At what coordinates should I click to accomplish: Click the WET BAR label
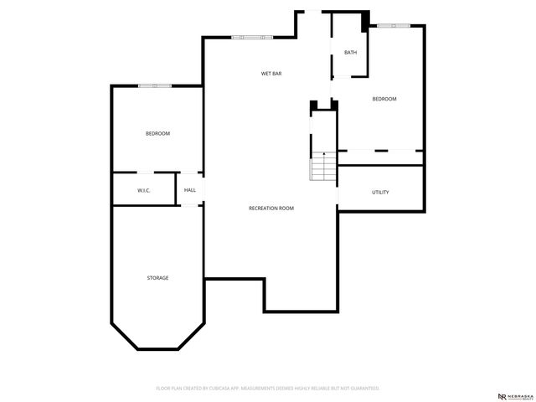pos(271,74)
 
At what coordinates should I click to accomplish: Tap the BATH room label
pos(350,53)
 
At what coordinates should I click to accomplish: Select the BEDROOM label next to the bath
pos(384,99)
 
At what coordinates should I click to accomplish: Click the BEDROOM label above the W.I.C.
pos(157,134)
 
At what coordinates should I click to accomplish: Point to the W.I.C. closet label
pos(143,191)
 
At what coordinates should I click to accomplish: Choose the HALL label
pos(190,191)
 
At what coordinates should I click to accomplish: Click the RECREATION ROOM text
pos(271,208)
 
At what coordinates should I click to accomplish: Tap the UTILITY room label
pos(380,193)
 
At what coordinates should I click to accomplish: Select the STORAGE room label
pos(157,278)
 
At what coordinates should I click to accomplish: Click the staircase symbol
pos(323,167)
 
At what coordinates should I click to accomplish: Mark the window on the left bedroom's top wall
pos(155,85)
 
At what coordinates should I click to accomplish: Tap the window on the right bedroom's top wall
pos(393,26)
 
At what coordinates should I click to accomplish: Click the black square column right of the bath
pos(365,19)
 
